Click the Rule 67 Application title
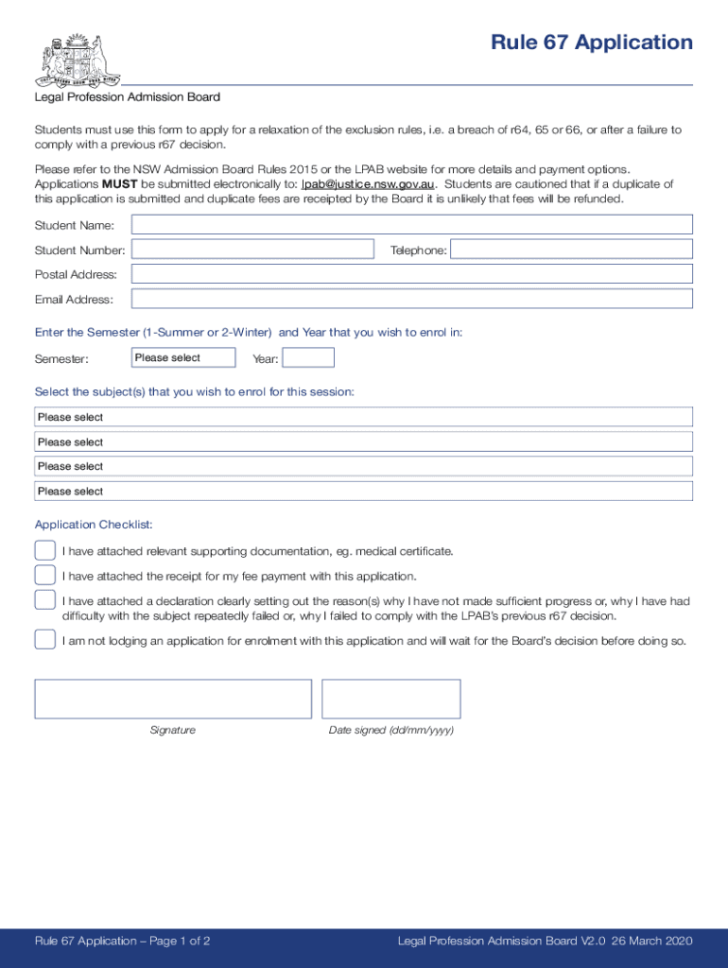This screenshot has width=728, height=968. point(591,43)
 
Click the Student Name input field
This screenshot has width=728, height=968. point(411,225)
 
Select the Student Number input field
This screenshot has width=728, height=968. point(252,250)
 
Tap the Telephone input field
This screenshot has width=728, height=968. point(571,250)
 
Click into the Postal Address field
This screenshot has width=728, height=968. point(411,274)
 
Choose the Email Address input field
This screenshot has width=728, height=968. point(411,299)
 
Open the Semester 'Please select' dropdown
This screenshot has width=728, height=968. point(183,358)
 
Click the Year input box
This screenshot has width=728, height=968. point(308,358)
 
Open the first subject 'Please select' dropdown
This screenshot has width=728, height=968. point(364,417)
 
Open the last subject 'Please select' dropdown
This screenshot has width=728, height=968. point(364,492)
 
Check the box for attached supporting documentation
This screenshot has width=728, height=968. point(44,551)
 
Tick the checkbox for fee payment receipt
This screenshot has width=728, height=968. point(44,576)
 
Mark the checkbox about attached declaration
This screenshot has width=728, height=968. point(44,600)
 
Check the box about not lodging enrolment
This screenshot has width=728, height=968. point(44,640)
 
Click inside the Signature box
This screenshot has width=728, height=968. point(173,699)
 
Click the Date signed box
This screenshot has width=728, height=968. point(390,699)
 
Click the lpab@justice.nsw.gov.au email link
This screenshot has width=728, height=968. point(368,184)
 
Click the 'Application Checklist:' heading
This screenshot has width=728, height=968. point(94,525)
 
